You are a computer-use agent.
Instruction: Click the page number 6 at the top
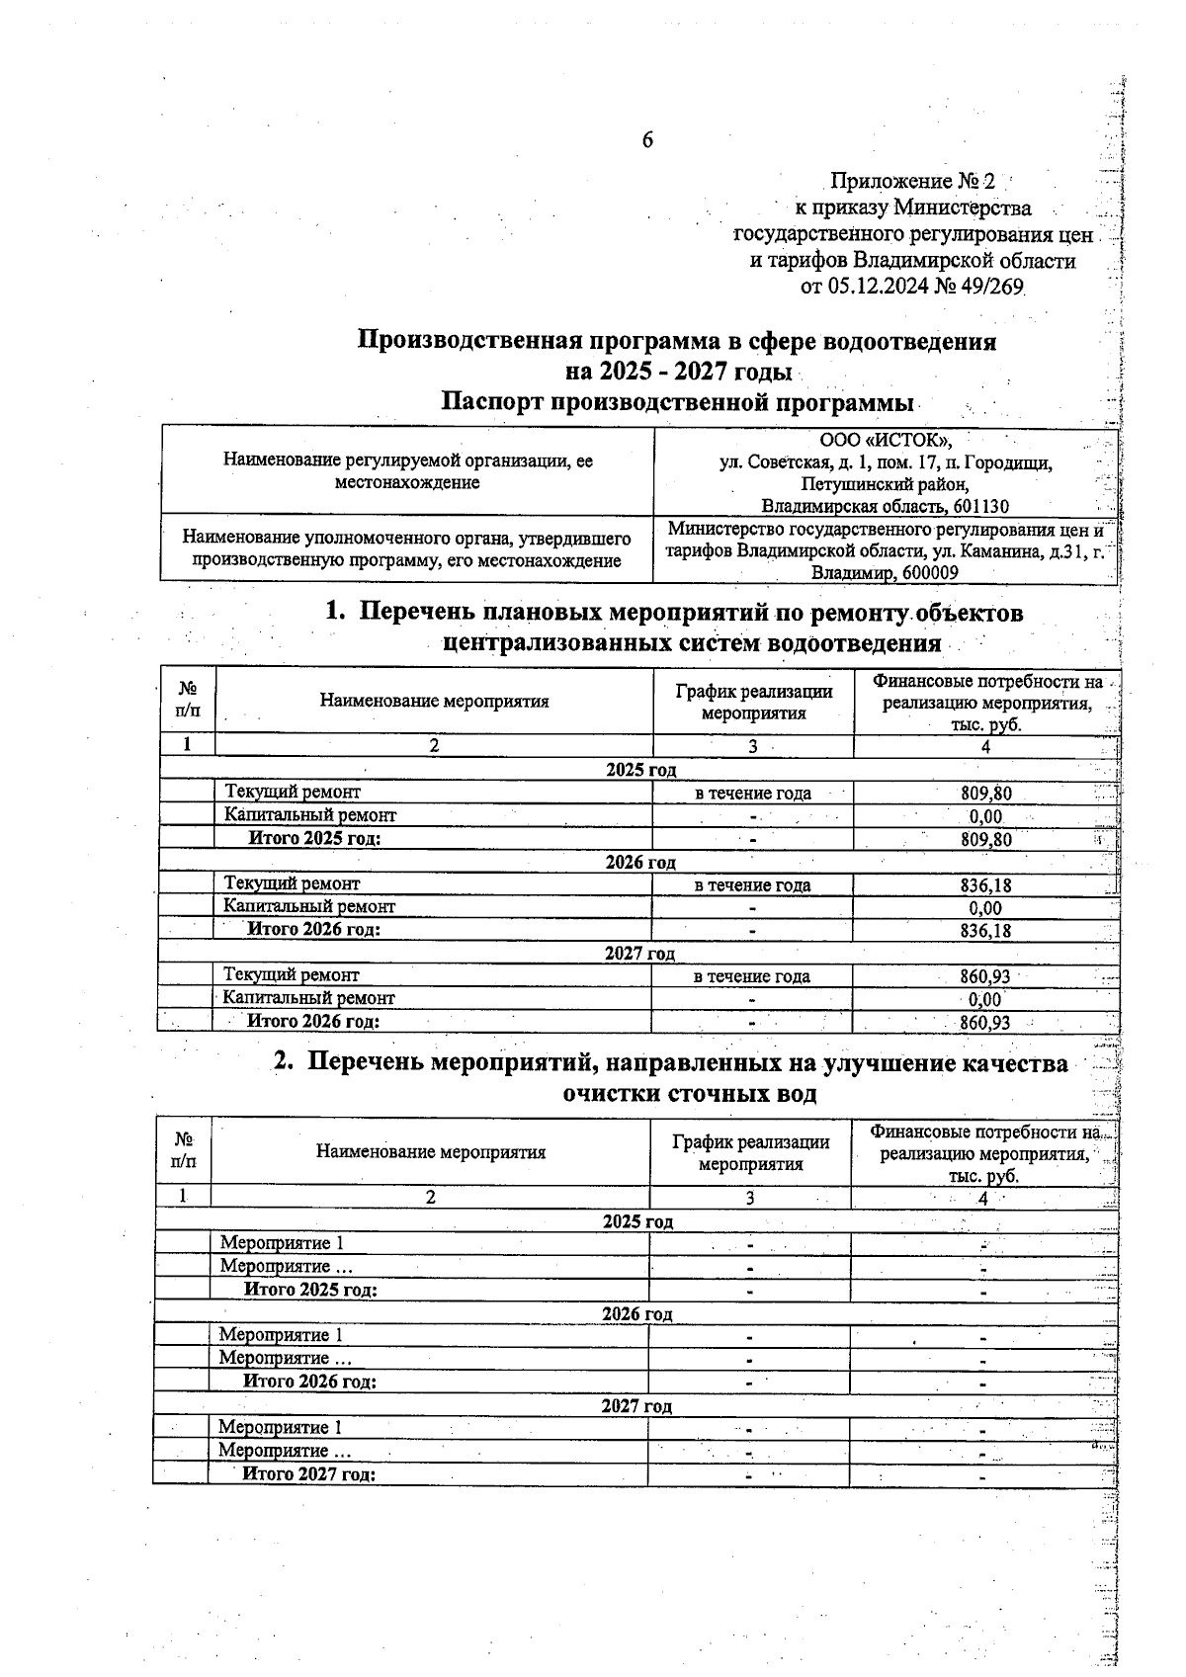click(647, 140)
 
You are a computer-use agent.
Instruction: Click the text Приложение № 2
click(912, 182)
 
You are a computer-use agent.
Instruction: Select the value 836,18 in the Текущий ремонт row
click(985, 885)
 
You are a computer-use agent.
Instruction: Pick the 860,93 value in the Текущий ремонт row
click(984, 976)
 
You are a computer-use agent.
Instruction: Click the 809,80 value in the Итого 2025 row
click(985, 840)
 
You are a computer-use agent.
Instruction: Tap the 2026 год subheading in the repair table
click(640, 863)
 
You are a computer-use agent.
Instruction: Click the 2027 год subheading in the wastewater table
click(636, 1406)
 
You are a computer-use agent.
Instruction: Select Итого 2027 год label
click(309, 1474)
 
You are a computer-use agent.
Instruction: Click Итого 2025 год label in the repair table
click(314, 839)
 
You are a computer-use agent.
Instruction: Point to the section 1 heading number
click(335, 613)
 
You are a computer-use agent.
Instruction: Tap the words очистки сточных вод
click(689, 1094)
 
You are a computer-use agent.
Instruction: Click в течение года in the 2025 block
click(752, 794)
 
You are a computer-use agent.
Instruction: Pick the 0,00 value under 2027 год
click(984, 999)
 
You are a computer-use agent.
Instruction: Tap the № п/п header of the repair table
click(187, 701)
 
